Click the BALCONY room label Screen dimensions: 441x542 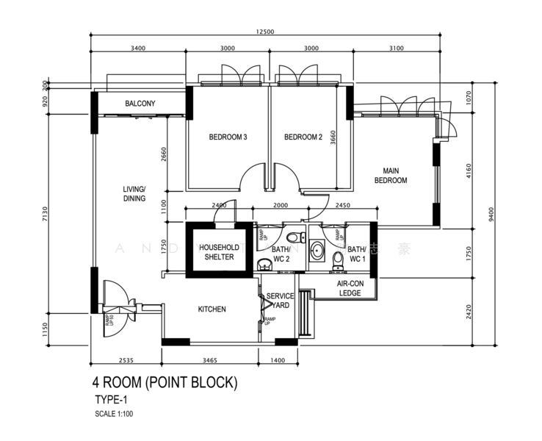(140, 104)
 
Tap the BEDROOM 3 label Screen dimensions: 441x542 (228, 137)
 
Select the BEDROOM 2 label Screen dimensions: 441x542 (303, 137)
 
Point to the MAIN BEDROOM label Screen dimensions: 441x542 (390, 176)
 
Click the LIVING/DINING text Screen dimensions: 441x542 (134, 193)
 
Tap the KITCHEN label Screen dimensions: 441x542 (212, 309)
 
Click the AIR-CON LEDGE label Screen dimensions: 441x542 (350, 287)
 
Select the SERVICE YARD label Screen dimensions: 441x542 (280, 301)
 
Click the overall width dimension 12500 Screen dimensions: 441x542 (265, 32)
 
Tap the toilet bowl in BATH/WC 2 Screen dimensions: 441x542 (293, 237)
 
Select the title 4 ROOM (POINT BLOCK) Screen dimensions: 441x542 (165, 382)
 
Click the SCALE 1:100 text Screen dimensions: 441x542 (114, 414)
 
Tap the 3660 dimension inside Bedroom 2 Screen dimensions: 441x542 (333, 139)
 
